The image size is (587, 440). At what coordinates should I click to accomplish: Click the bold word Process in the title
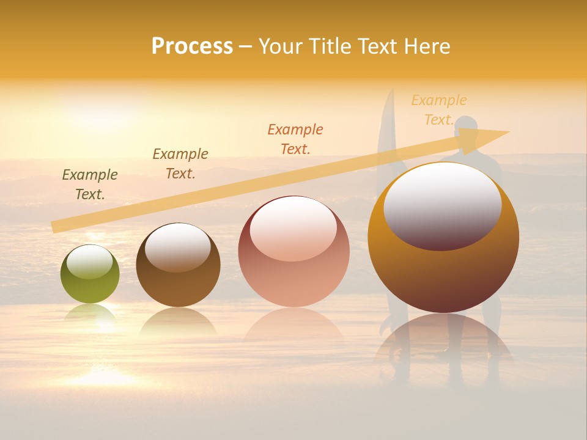[192, 46]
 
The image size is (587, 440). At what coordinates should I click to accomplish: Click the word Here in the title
[426, 46]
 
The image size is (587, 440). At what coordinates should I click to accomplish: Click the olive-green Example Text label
[90, 185]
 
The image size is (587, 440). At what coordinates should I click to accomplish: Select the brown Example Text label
[180, 164]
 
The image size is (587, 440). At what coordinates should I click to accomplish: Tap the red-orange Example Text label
[295, 139]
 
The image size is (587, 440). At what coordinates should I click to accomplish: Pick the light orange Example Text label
[439, 110]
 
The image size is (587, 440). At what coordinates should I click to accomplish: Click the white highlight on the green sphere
[90, 262]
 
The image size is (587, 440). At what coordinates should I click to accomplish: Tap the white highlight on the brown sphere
[177, 246]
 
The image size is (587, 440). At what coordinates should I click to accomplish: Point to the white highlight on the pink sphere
[293, 228]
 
